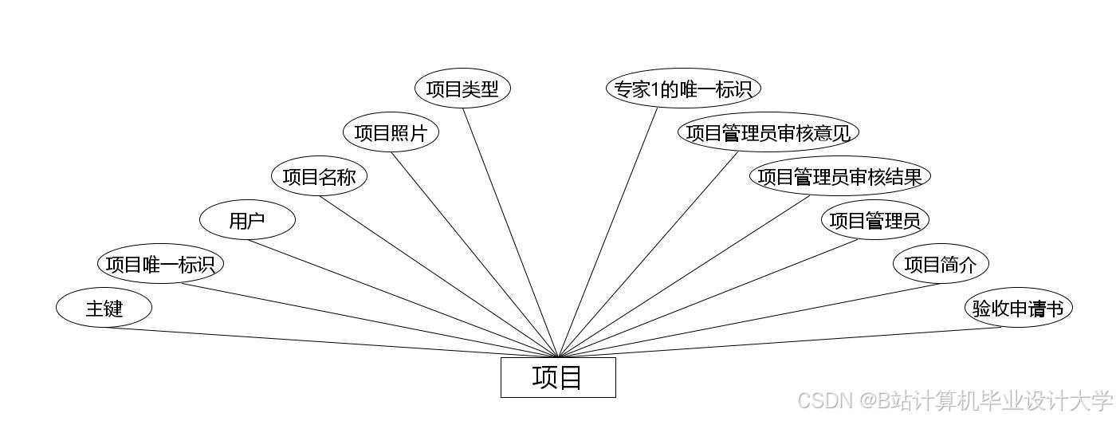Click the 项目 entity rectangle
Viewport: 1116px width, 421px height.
coord(558,377)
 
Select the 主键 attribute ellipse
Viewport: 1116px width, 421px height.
coord(104,308)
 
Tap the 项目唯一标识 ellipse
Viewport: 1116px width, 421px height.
coord(160,264)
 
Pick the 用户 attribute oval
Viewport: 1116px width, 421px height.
coord(247,221)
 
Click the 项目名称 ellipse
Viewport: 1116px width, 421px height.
coord(319,177)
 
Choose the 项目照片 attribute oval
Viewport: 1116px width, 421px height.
coord(391,132)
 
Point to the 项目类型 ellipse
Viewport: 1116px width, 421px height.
coord(462,89)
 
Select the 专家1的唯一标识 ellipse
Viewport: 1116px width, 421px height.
coord(683,89)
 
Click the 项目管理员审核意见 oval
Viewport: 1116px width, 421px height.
coord(768,132)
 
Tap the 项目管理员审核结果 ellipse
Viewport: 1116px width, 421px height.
coord(840,176)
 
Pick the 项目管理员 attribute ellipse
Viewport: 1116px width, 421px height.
coord(874,220)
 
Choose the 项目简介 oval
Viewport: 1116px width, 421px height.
coord(941,264)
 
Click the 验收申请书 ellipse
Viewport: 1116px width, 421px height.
coord(1018,308)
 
